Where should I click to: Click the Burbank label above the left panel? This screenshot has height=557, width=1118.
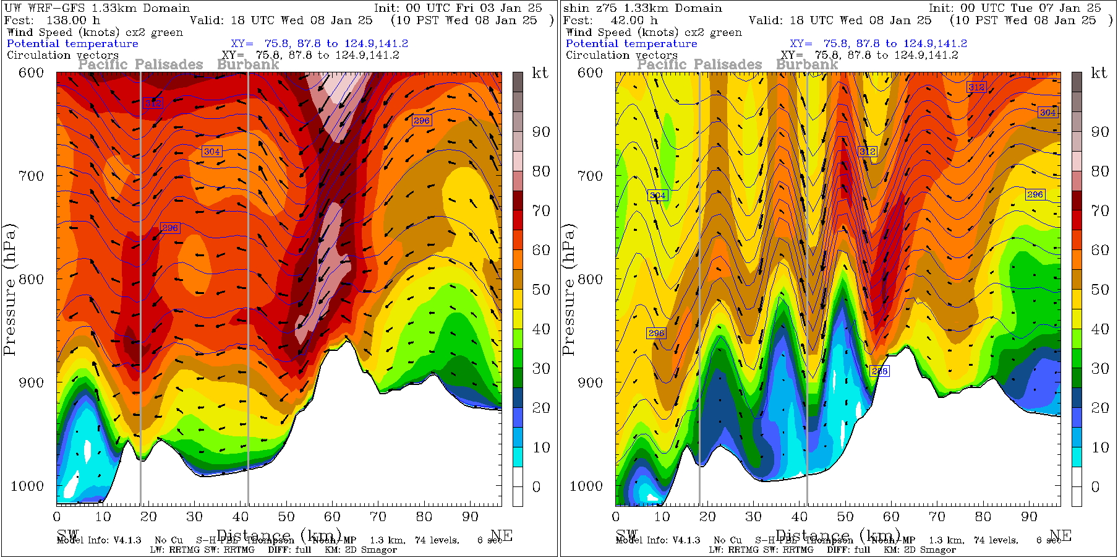tap(248, 64)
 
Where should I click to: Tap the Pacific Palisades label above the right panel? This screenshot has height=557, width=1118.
tap(699, 64)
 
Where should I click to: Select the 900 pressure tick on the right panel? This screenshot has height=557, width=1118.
tap(590, 382)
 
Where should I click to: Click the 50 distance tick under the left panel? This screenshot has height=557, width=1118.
tap(286, 517)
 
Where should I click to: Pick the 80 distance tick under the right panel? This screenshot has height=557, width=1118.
tap(983, 517)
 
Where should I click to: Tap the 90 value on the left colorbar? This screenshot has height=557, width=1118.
tap(541, 132)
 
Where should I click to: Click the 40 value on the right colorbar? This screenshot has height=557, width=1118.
tap(1100, 329)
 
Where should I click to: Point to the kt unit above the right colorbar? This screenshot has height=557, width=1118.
tap(1099, 73)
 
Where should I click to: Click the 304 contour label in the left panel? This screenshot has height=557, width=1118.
tap(211, 151)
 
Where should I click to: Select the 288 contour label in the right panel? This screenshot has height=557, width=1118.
tap(879, 371)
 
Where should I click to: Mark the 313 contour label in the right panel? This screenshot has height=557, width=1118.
tap(976, 87)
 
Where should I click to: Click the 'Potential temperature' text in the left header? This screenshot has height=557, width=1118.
tap(72, 43)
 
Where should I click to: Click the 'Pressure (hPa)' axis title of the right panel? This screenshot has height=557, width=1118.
tap(568, 290)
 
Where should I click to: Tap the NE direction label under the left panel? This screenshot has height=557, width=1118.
tap(501, 535)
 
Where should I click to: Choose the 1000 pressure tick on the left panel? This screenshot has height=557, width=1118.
tap(27, 486)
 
